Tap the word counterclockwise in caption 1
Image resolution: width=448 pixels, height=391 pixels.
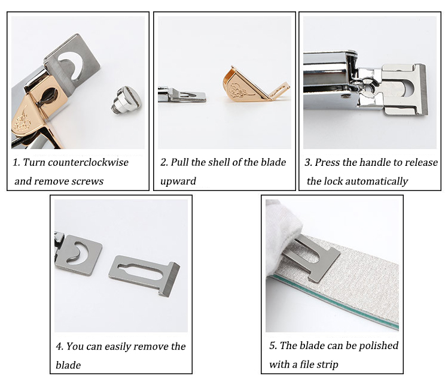coord(88,162)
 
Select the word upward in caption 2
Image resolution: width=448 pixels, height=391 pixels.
coord(178,181)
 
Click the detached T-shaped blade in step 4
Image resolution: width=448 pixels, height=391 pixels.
coord(144,275)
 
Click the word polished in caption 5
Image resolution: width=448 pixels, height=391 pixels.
coord(379,346)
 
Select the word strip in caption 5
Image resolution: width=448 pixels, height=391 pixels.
coord(328,365)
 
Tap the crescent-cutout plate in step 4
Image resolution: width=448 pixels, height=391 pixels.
coord(78,255)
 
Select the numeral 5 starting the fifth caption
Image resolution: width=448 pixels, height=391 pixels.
coord(272,346)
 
